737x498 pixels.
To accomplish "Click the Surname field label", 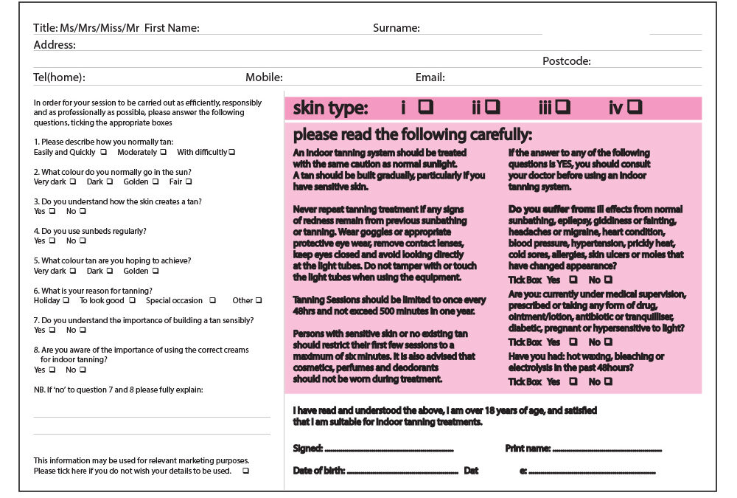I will pos(396,29).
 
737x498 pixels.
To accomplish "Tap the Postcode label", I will pos(566,61).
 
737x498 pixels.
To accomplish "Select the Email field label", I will pos(430,77).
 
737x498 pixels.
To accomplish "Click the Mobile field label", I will pos(264,77).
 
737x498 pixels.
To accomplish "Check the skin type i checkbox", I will pos(425,108).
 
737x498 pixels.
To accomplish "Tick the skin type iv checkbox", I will pos(635,108).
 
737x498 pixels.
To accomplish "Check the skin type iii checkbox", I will pos(563,108).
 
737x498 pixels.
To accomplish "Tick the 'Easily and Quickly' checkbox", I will pos(103,152).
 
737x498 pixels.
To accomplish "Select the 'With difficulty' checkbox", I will pos(231,152).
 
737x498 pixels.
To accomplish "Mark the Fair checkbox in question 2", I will pos(189,181).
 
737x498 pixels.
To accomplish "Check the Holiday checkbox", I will pos(66,300).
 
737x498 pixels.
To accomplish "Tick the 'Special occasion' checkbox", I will pos(212,300).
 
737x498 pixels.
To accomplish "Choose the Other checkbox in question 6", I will pos(259,300).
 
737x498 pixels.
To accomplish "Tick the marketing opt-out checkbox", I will pos(245,471).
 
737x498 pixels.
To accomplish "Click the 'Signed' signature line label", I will pos(308,449).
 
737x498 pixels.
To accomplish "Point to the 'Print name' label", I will pos(528,449).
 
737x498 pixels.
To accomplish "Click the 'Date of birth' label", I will pos(318,471).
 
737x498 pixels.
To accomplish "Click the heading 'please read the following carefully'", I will pos(412,135).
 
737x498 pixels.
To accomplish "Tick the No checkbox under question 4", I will pos(83,241).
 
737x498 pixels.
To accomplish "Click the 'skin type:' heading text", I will pos(330,108).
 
